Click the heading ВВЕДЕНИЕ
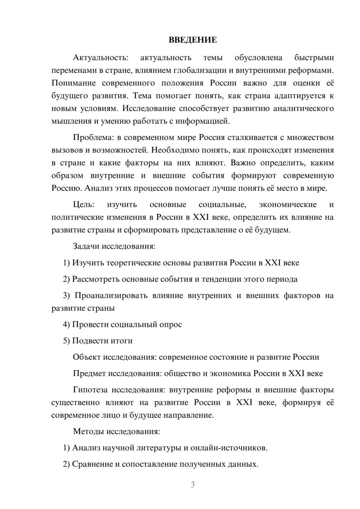point(193,40)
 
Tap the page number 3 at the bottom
point(193,485)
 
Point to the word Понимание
point(73,83)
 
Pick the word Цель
point(84,204)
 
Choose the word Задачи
point(86,247)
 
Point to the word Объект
point(87,357)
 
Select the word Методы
point(86,431)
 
